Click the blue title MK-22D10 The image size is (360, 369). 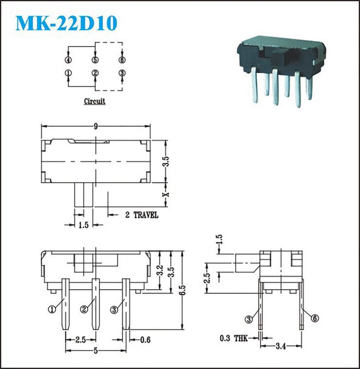tap(66, 23)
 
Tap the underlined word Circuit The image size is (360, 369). tap(95, 101)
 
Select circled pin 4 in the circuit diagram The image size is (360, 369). tap(68, 60)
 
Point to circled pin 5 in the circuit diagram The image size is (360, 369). tap(95, 60)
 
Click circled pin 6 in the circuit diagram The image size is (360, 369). tap(122, 60)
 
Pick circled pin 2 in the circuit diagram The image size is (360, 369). tap(95, 73)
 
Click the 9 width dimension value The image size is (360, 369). tap(95, 127)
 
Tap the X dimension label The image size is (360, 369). tap(166, 195)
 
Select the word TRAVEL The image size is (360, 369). tap(146, 215)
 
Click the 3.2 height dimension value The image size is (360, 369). tap(160, 270)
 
